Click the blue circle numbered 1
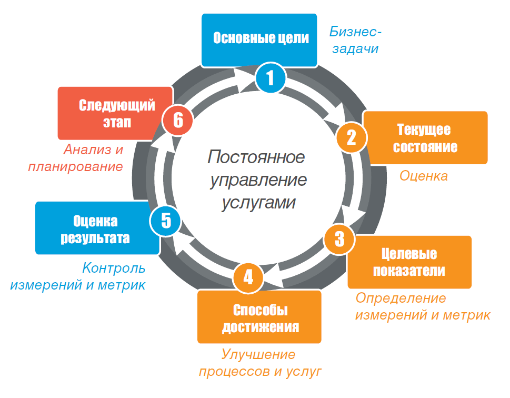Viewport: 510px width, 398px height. [270, 79]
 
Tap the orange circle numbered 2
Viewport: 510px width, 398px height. [351, 137]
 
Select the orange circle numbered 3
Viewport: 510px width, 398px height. [339, 239]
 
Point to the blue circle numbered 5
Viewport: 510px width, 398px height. [165, 220]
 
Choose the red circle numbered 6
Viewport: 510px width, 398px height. [178, 121]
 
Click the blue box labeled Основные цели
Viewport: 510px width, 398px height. [261, 39]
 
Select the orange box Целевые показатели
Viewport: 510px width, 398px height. [409, 262]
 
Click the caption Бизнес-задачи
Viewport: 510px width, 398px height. [355, 41]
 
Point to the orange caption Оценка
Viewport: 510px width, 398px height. [424, 176]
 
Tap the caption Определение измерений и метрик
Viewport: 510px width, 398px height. [423, 307]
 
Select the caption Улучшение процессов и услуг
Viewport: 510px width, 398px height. [260, 363]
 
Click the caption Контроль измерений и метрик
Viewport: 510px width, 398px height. [78, 277]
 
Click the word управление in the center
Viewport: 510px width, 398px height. [258, 180]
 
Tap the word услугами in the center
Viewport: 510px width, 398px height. [258, 203]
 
